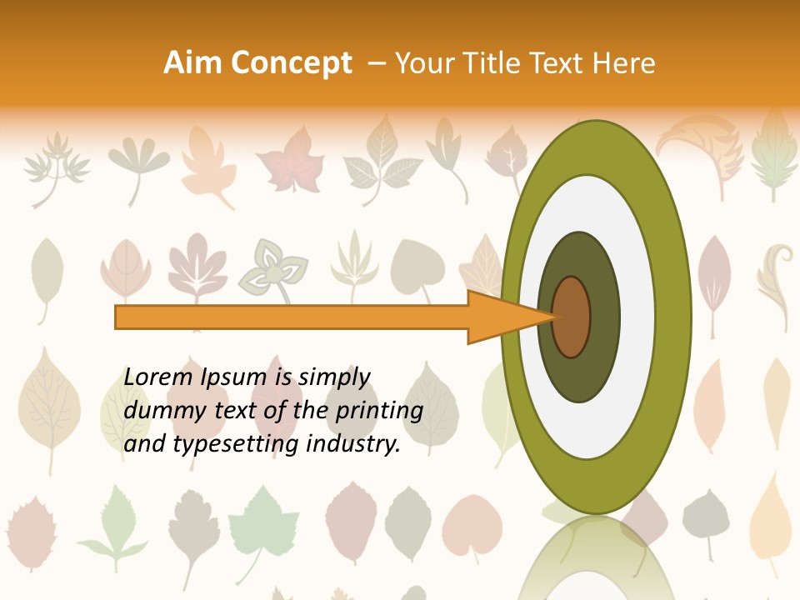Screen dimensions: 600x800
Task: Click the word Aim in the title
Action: (193, 63)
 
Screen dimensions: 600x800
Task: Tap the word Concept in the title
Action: (291, 63)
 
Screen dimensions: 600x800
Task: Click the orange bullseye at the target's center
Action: (572, 317)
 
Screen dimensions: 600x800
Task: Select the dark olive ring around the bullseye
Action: (604, 317)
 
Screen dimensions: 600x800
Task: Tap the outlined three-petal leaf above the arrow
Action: (272, 271)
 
